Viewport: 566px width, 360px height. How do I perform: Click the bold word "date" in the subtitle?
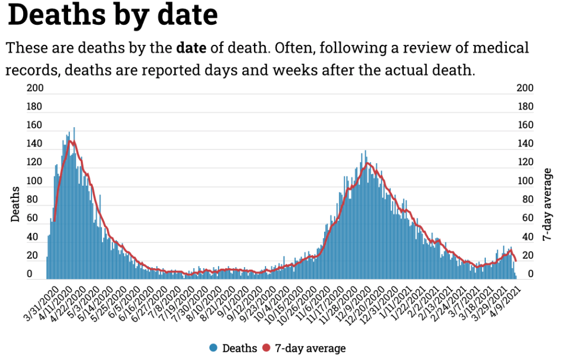[x=191, y=48]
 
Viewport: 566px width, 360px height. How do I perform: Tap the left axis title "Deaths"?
[x=15, y=205]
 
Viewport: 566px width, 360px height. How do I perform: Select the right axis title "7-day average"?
[x=548, y=205]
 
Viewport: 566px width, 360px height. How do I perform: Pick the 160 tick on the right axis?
[x=525, y=126]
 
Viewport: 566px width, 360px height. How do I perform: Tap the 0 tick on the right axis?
[x=529, y=274]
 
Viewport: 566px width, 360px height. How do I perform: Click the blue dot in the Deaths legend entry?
[x=214, y=348]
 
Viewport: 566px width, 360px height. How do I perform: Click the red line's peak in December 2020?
[x=366, y=163]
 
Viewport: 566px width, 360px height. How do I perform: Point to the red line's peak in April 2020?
[x=70, y=141]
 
